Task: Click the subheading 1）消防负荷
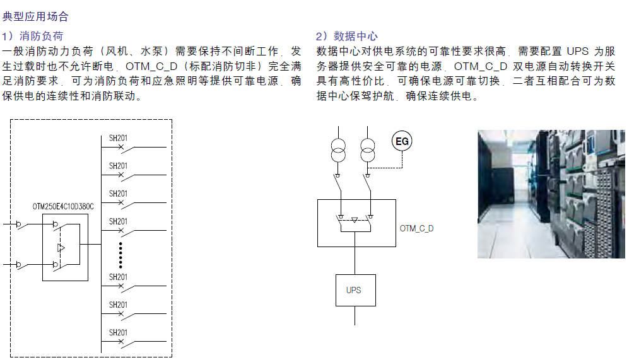[33, 36]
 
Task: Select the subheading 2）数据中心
[346, 36]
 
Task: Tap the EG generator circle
[402, 141]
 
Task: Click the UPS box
[355, 290]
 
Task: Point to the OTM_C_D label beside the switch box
[417, 228]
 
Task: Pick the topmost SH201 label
[118, 138]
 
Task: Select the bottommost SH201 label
[118, 332]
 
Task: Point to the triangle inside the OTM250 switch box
[61, 248]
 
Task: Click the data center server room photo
[551, 194]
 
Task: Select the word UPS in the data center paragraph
[577, 51]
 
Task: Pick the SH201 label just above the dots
[118, 221]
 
